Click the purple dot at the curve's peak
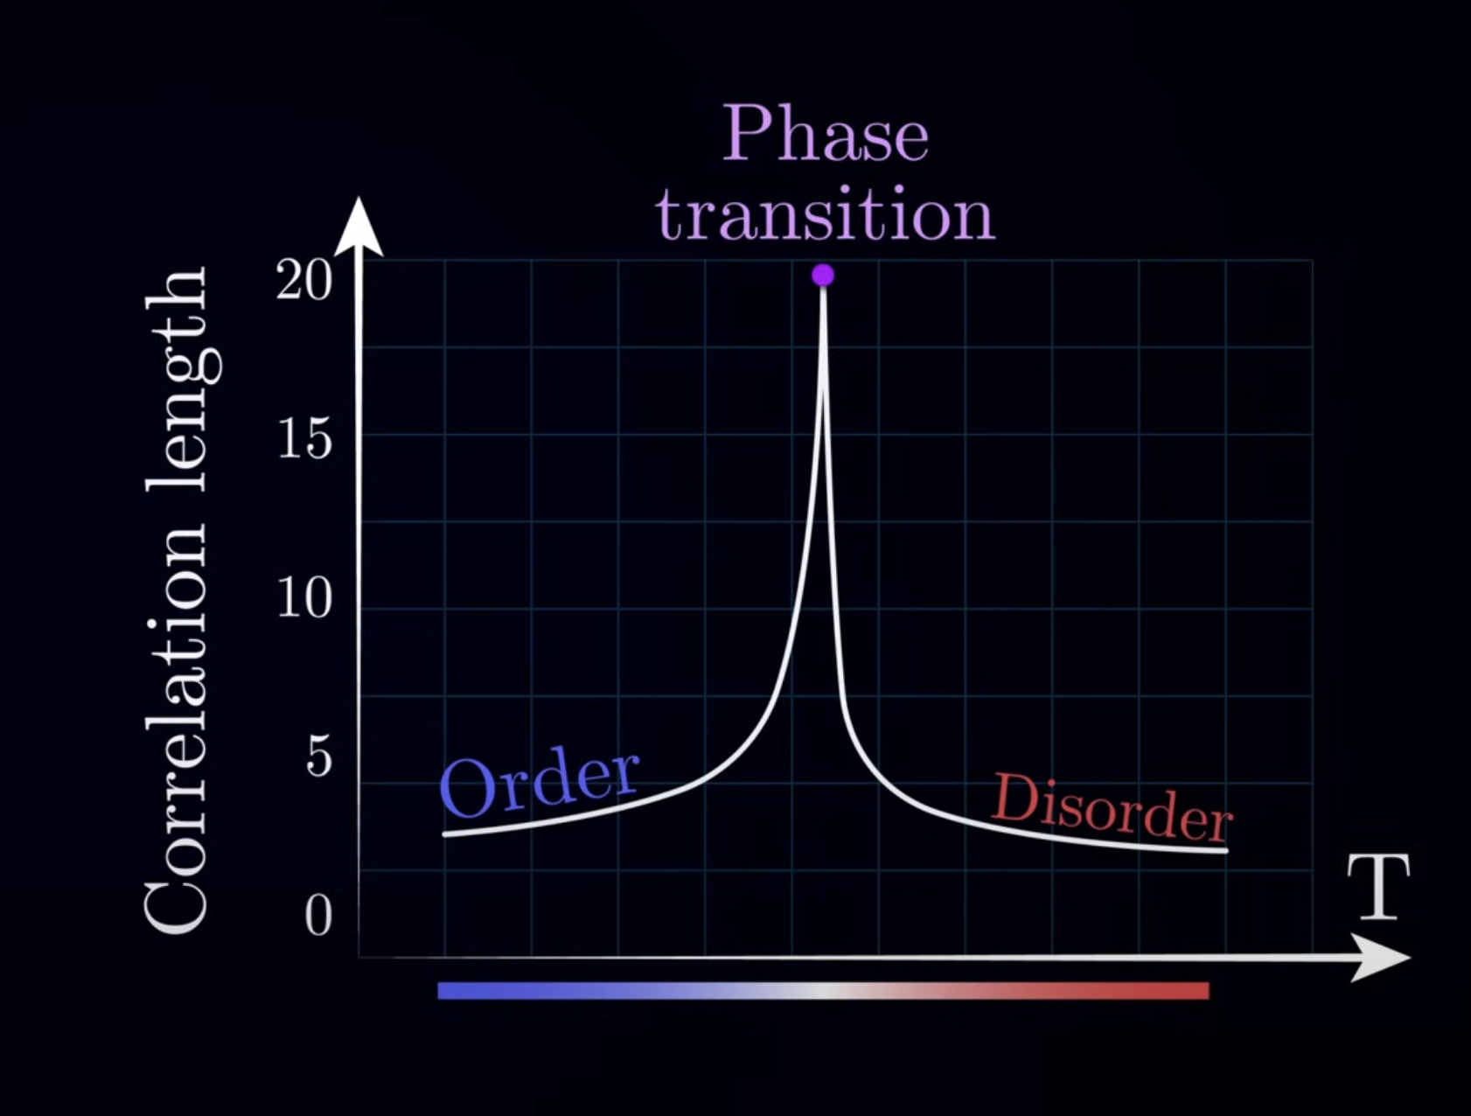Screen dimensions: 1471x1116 click(x=823, y=276)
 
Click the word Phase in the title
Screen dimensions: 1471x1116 click(x=825, y=134)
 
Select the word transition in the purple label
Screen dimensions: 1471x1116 click(x=826, y=214)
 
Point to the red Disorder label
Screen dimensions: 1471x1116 click(x=1112, y=809)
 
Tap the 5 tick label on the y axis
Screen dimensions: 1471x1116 click(x=319, y=757)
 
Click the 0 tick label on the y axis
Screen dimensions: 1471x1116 click(x=318, y=916)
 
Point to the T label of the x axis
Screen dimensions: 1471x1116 click(x=1378, y=887)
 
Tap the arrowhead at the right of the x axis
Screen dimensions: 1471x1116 click(x=1381, y=957)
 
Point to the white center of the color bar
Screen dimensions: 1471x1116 click(x=823, y=990)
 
